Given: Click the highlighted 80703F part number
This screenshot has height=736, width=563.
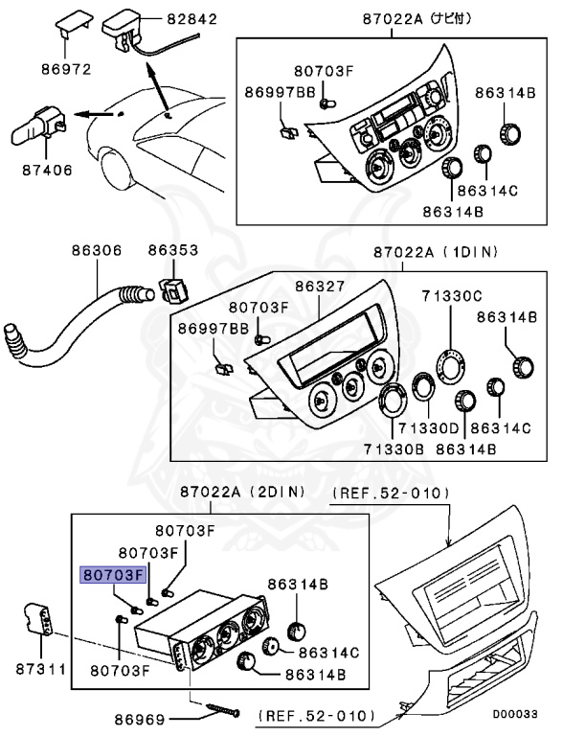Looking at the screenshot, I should (x=112, y=574).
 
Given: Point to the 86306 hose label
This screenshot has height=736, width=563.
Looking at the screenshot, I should (x=96, y=250).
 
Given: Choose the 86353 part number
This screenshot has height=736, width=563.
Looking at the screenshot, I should (x=172, y=250).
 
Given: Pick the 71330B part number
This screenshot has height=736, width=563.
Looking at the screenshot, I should (x=391, y=448).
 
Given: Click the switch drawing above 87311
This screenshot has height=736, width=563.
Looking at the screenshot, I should (x=38, y=618).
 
